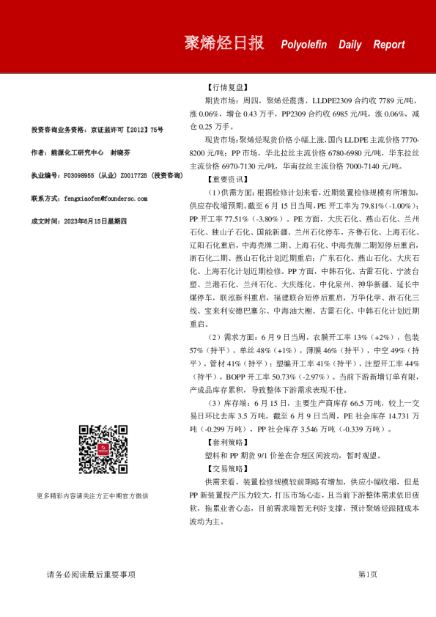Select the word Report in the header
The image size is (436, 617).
click(388, 45)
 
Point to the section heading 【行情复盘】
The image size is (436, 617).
click(223, 86)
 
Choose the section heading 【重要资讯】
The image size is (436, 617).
click(223, 178)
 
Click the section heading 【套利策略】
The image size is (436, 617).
click(223, 443)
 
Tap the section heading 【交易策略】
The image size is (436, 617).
click(223, 468)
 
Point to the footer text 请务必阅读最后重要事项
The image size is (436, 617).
click(91, 574)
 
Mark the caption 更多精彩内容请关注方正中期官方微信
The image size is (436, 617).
click(92, 496)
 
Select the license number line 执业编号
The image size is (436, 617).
click(106, 176)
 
